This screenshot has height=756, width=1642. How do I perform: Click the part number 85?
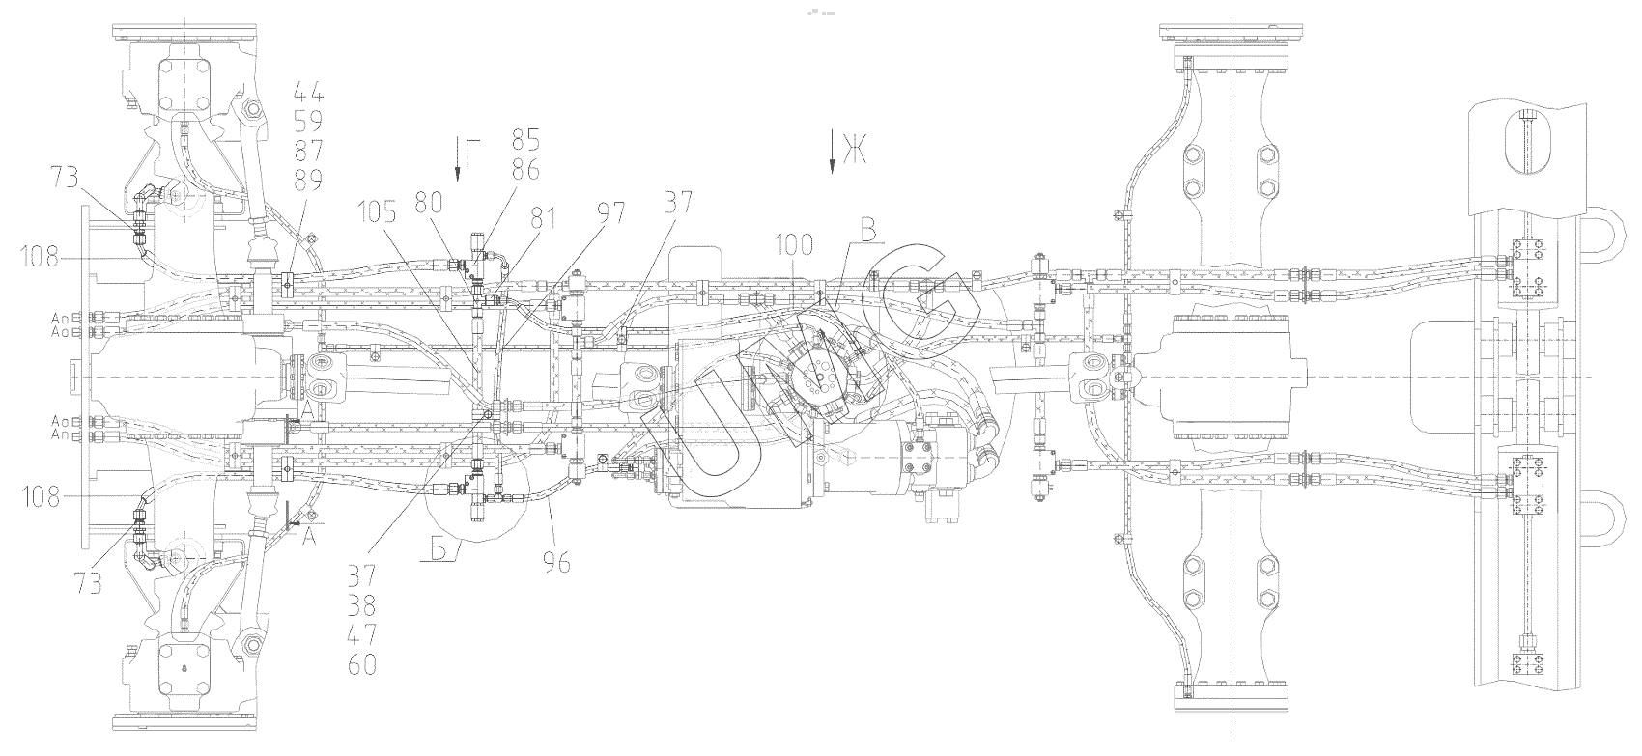pyautogui.click(x=525, y=139)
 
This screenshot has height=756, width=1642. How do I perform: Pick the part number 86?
pyautogui.click(x=525, y=170)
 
